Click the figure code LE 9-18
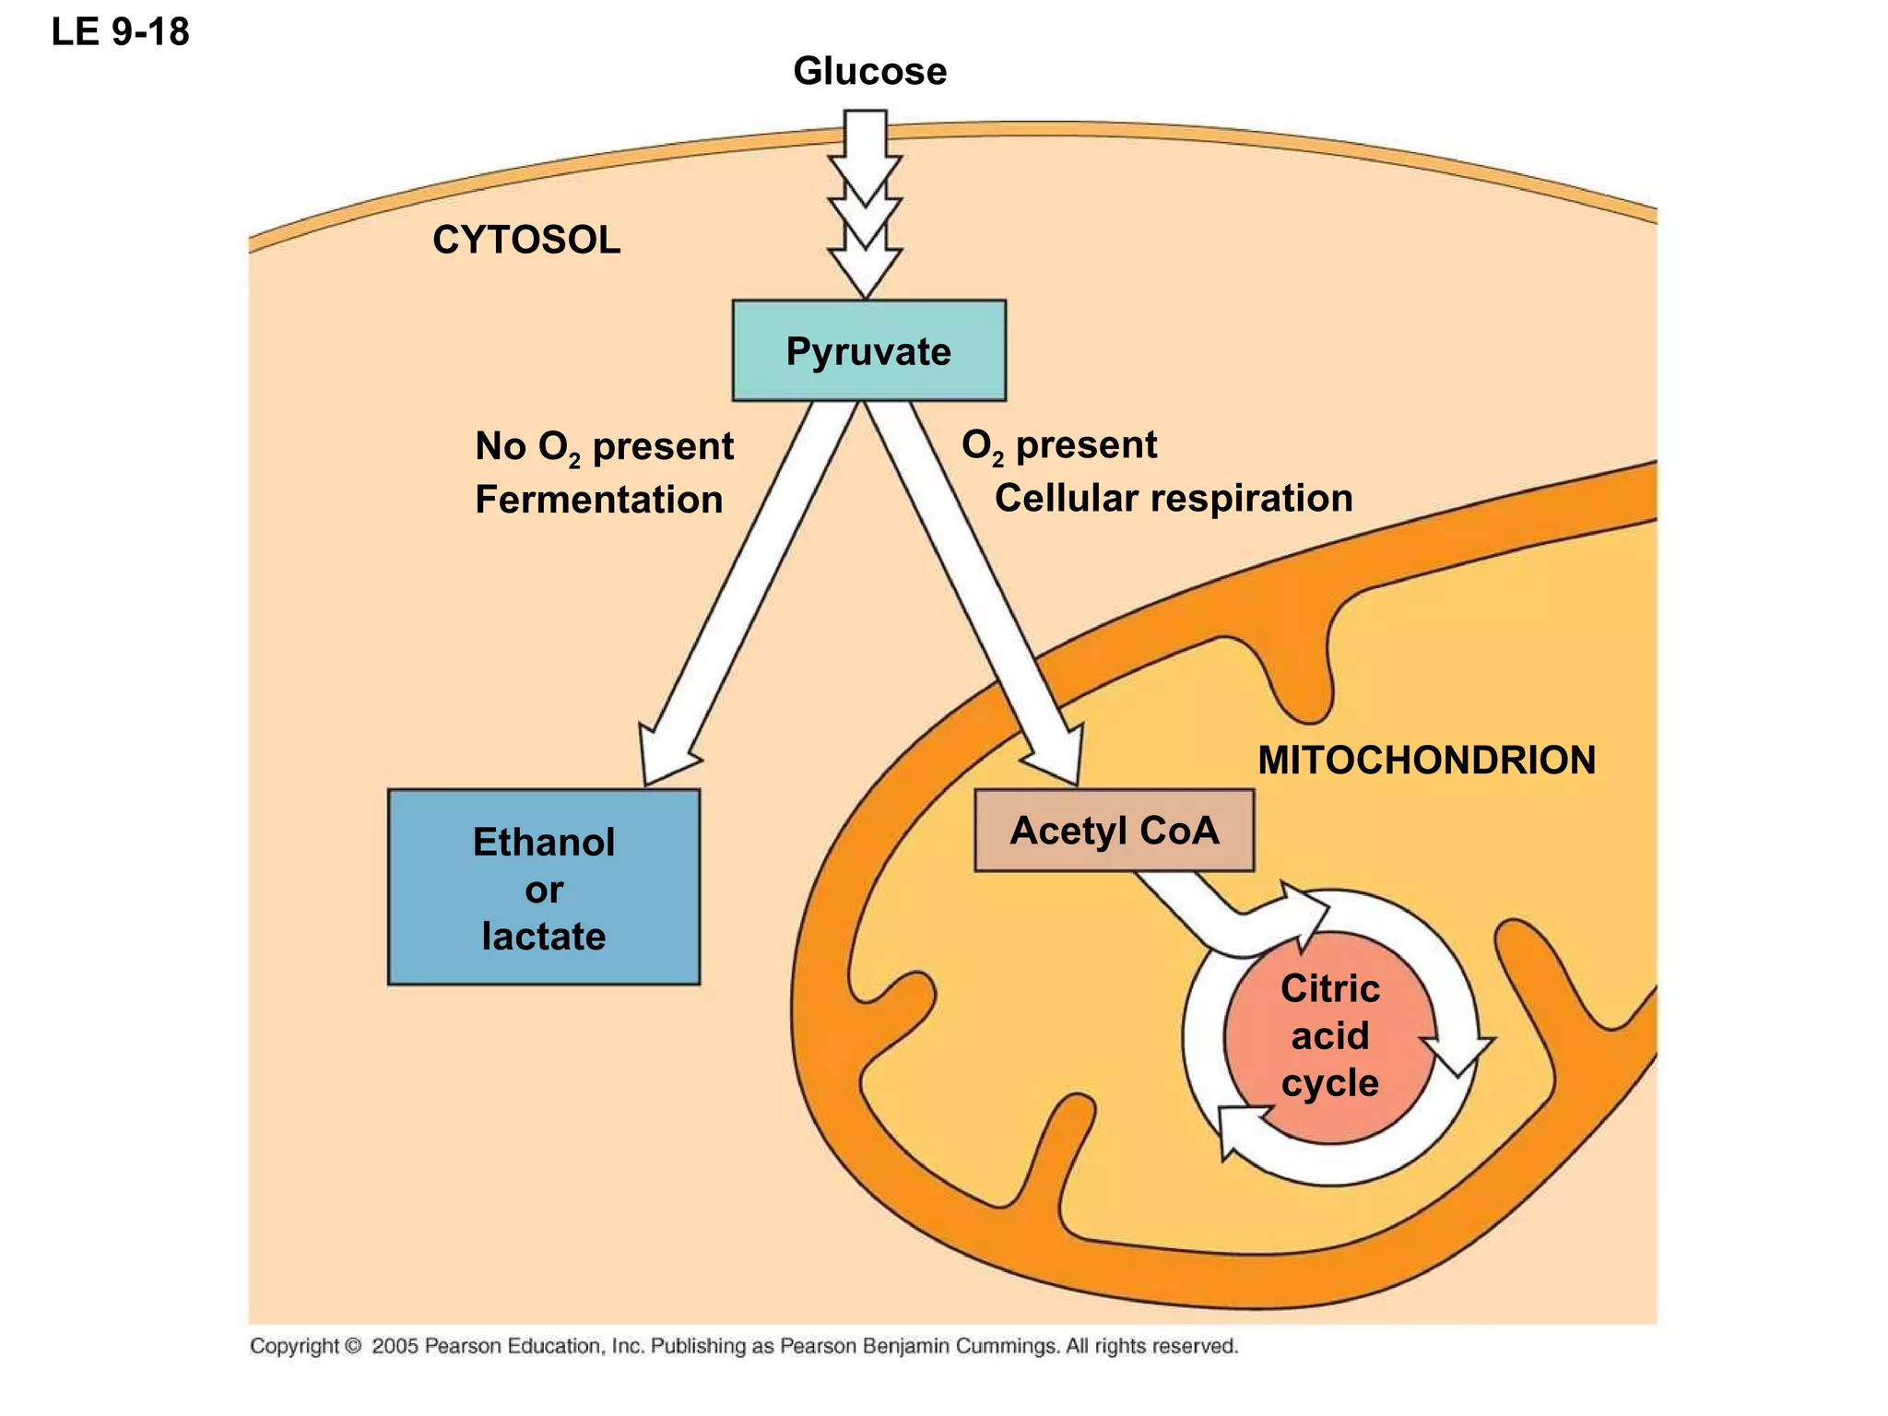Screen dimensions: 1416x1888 [120, 32]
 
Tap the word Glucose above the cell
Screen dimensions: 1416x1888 [869, 71]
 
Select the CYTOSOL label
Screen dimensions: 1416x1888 [526, 241]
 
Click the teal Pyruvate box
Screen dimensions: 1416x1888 [868, 351]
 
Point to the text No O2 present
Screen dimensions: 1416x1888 [604, 447]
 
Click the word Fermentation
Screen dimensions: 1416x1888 [598, 500]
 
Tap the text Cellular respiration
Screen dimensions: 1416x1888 [1173, 499]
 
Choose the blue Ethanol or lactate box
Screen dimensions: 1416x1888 [543, 888]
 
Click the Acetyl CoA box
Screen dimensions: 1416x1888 [1114, 831]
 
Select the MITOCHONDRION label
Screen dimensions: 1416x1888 [1426, 761]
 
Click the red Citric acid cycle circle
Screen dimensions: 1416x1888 [1329, 1036]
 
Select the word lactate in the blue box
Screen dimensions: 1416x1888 [543, 937]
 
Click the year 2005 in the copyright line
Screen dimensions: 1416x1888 [395, 1346]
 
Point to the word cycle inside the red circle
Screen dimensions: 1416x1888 [1329, 1083]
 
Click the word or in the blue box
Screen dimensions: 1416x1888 [543, 891]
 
